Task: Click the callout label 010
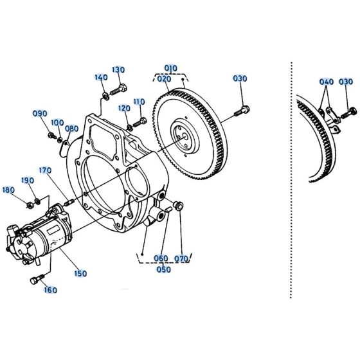170,67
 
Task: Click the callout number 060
161,260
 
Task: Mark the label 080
71,129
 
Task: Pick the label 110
139,102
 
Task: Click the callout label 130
118,69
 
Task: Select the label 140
101,77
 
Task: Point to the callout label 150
80,274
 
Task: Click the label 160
50,290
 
